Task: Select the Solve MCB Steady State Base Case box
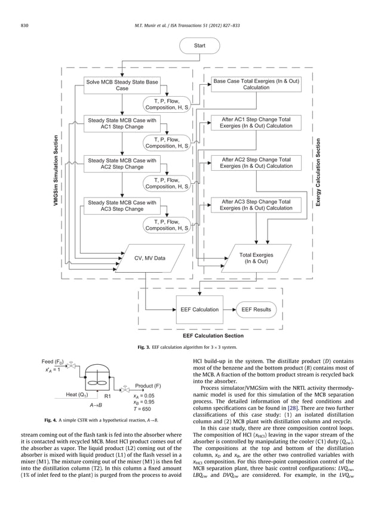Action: point(122,85)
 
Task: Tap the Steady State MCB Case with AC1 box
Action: point(122,124)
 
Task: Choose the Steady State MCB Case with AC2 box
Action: point(122,164)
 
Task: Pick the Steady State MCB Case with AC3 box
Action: point(122,206)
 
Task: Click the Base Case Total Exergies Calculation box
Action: point(256,84)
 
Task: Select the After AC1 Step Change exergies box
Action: point(256,123)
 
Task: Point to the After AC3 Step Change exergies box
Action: point(256,205)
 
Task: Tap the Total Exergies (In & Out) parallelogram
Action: point(256,258)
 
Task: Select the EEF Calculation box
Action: point(199,309)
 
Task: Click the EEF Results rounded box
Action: point(256,309)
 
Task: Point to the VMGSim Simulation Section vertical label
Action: point(57,171)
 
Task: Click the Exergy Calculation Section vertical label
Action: point(318,173)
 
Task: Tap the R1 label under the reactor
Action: point(108,395)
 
